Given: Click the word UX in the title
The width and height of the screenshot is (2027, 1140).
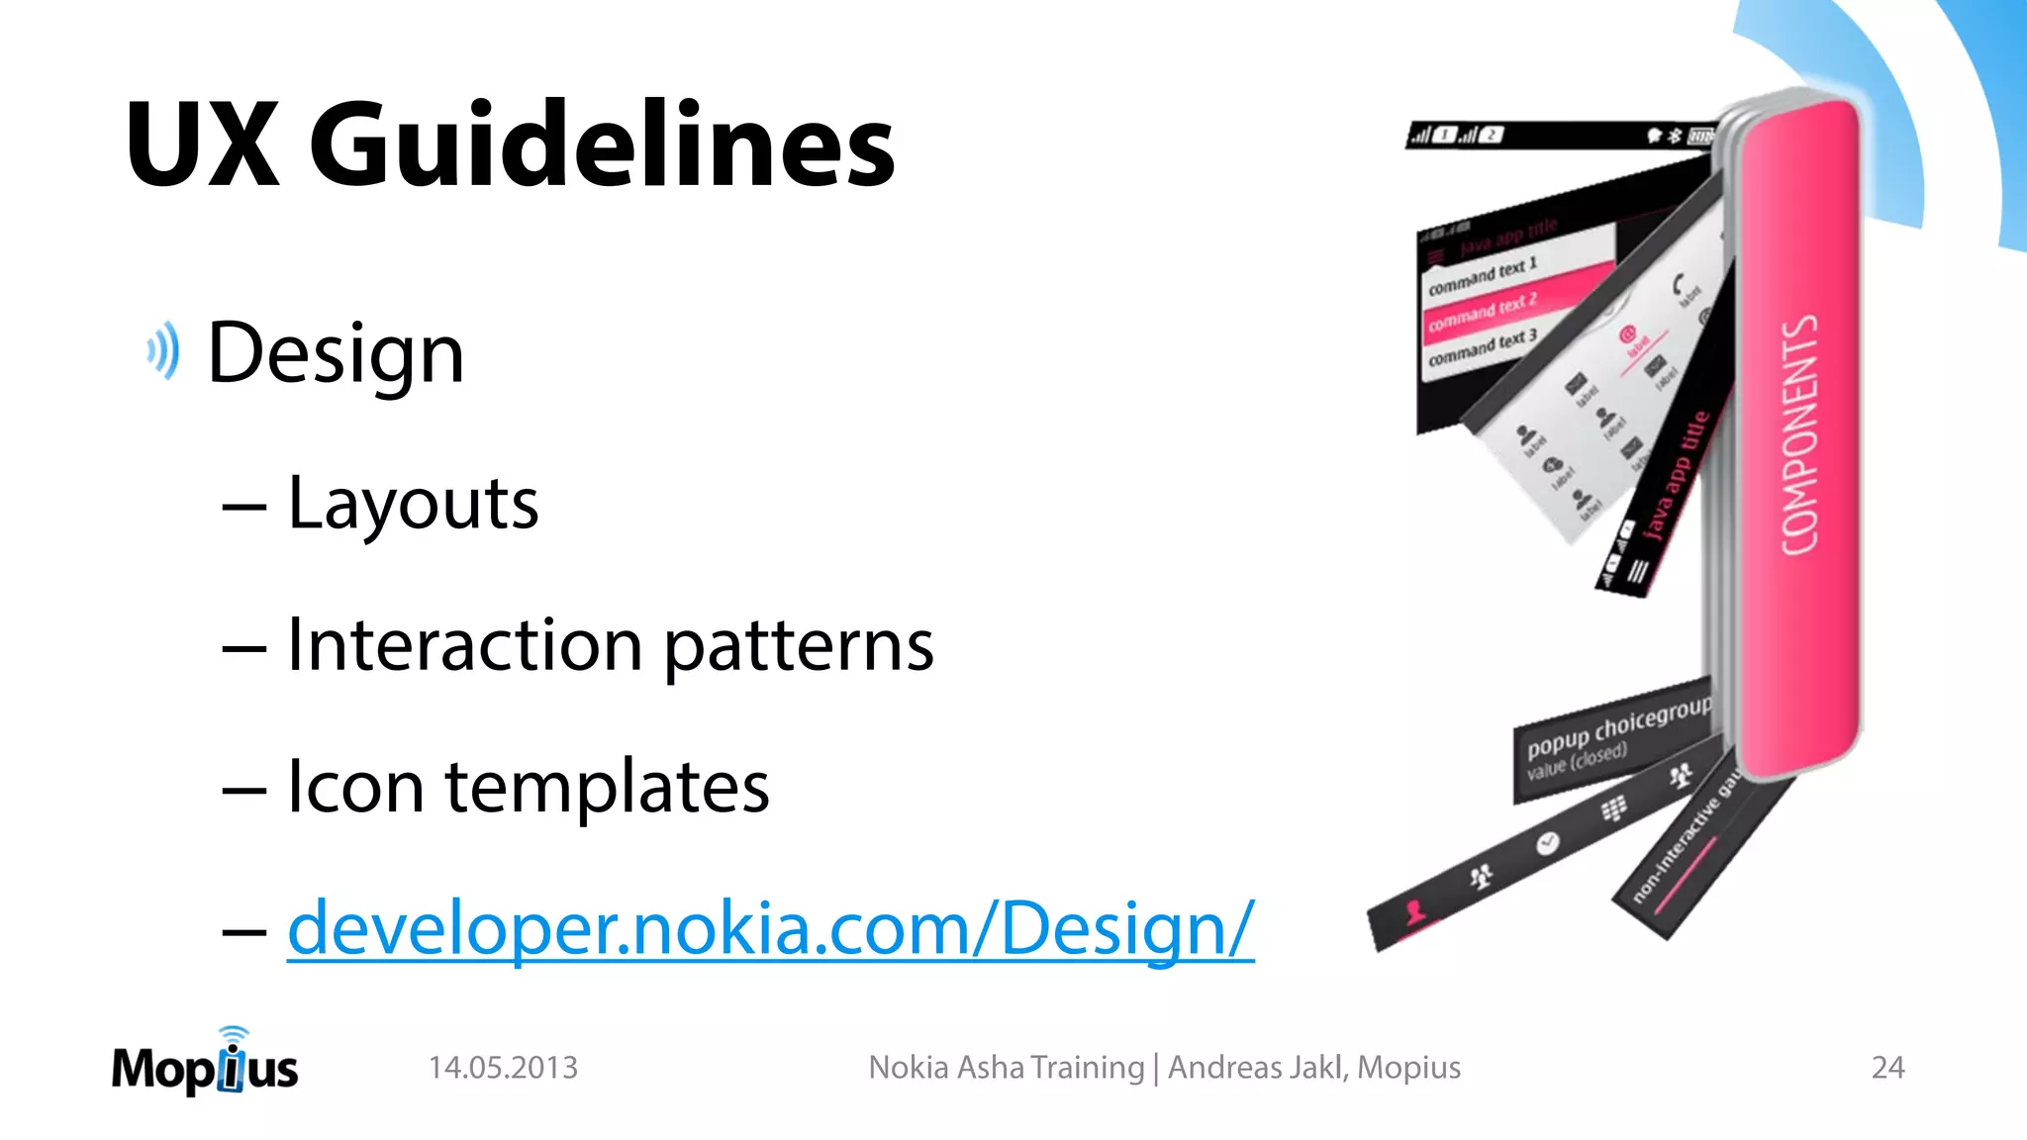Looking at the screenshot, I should (x=202, y=146).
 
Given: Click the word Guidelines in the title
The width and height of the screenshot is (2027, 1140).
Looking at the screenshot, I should (x=602, y=146).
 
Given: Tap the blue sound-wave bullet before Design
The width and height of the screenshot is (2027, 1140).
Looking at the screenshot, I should (x=164, y=350).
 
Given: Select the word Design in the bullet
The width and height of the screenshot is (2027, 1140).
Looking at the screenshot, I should (x=336, y=354).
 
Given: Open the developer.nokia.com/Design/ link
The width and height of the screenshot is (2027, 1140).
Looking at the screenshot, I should (x=770, y=928).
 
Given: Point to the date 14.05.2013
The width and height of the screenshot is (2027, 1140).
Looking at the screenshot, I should (x=503, y=1068).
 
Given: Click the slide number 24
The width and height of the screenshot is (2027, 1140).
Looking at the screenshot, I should (x=1887, y=1068).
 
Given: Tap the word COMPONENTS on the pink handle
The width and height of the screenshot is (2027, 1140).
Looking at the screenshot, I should (x=1799, y=435).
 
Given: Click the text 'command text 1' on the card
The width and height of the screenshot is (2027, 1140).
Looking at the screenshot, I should (x=1482, y=276).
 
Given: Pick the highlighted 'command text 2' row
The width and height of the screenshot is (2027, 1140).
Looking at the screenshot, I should (x=1482, y=312).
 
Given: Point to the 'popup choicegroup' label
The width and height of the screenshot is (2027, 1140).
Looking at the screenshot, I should (x=1617, y=727).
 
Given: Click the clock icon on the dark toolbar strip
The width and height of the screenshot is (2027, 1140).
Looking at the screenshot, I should (x=1547, y=843).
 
